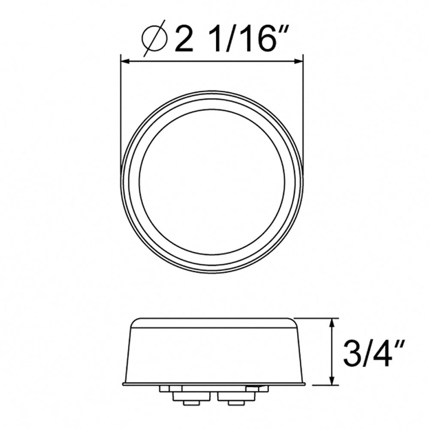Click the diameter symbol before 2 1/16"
(x=154, y=41)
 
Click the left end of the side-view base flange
(x=124, y=383)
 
